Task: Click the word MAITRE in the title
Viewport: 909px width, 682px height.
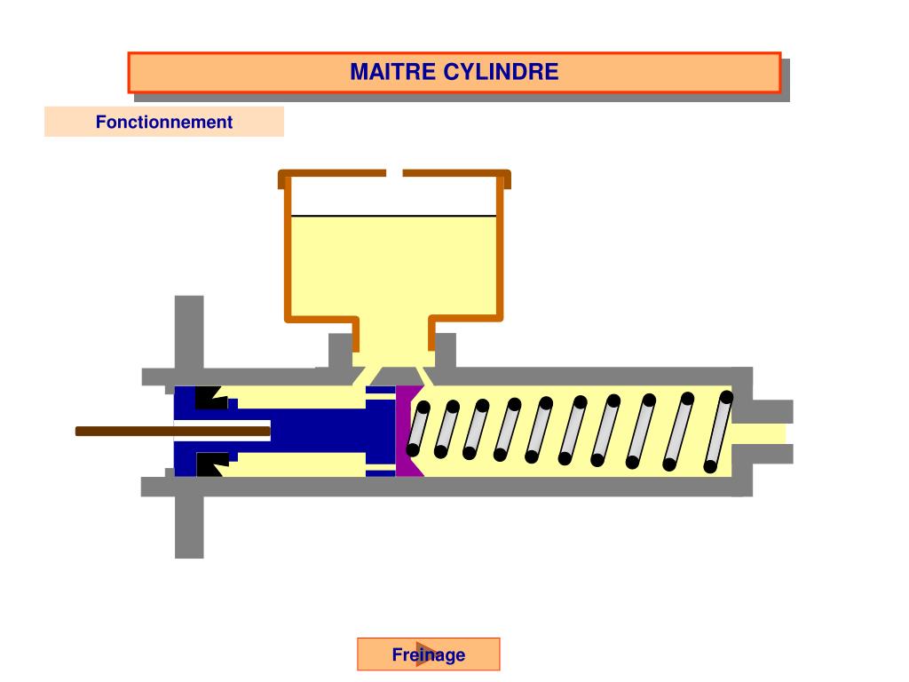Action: (393, 72)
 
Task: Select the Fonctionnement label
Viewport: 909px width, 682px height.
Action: (164, 123)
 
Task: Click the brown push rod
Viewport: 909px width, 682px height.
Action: (133, 432)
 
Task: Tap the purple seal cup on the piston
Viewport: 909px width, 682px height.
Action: (407, 432)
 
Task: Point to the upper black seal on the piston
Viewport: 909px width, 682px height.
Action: (209, 398)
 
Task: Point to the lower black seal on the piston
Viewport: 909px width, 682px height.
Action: (209, 464)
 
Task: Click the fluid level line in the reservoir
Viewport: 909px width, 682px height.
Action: (394, 216)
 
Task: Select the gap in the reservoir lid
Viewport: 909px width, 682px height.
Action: (394, 173)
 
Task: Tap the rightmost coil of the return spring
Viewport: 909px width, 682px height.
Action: (719, 432)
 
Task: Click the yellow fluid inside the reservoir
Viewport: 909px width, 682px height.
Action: (394, 266)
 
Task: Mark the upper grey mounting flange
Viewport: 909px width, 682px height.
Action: (189, 333)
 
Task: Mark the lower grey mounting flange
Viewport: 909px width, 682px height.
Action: (189, 528)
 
